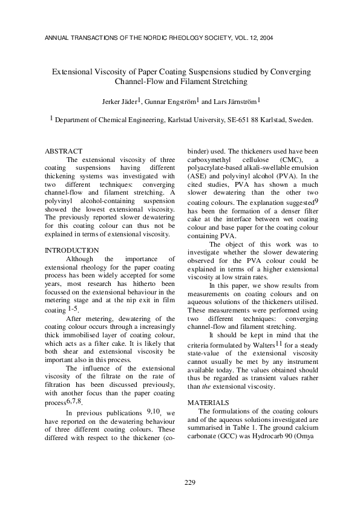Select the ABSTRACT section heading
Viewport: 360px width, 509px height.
tap(64, 151)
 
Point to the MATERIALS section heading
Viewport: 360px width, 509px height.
tap(208, 401)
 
